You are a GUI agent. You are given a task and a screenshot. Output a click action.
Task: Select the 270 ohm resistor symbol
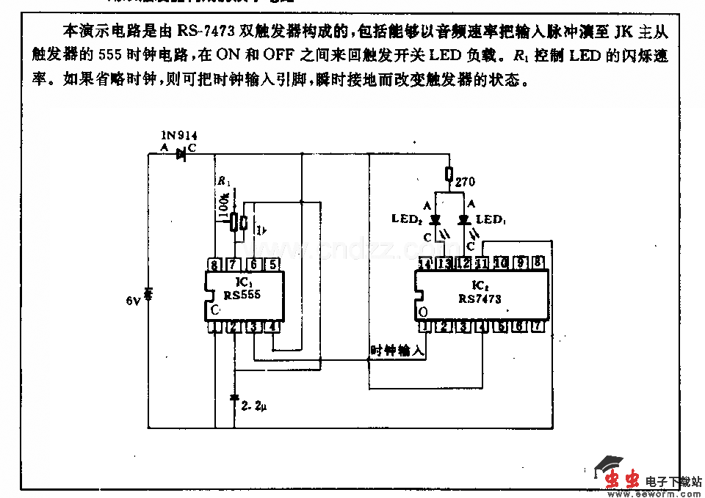449,174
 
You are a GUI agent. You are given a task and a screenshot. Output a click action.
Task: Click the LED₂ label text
407,219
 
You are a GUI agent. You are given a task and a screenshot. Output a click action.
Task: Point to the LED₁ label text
490,219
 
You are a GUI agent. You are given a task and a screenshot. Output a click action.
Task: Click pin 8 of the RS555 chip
214,265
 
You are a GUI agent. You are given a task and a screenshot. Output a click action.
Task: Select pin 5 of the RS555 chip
272,265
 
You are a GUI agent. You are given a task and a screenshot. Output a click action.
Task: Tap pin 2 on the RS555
234,326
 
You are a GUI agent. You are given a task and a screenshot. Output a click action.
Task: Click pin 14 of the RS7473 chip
424,264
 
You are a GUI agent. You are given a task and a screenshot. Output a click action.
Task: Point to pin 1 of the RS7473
424,326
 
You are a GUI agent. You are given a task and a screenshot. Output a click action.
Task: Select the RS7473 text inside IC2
480,299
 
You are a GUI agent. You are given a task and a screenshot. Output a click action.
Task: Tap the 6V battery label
132,301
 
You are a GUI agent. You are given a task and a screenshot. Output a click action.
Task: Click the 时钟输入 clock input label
397,351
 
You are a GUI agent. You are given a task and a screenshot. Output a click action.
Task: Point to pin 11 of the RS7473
482,264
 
